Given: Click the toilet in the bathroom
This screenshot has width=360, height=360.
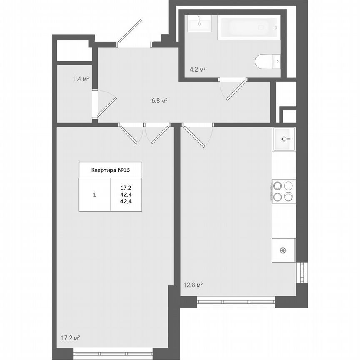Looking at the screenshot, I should [x=267, y=62].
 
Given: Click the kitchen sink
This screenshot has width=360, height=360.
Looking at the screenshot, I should [x=284, y=139].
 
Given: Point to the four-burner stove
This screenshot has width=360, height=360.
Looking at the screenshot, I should [x=284, y=191].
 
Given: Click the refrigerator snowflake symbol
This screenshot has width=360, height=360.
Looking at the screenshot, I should [x=283, y=250].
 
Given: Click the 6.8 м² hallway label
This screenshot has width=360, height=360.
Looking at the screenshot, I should [x=160, y=100].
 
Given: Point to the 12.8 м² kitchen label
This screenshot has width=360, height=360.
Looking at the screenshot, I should [x=193, y=285].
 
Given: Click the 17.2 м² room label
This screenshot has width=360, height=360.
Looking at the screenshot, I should [x=70, y=338].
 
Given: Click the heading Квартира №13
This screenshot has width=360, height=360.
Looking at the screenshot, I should [x=110, y=170].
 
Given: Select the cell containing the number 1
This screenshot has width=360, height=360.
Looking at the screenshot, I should [x=95, y=194].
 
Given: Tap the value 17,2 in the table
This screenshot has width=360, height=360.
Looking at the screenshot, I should [x=126, y=187].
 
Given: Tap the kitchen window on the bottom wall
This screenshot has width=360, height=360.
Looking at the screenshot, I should [x=236, y=302].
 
